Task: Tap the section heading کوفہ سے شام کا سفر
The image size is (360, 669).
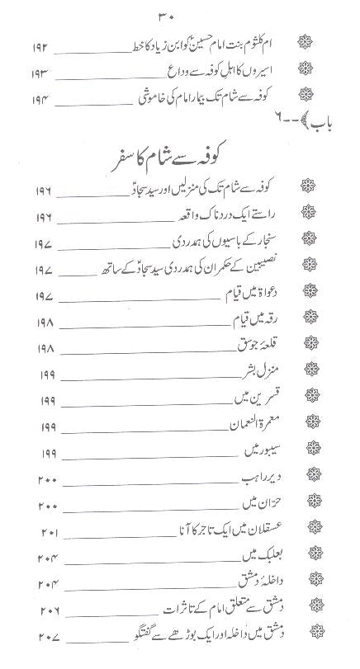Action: [x=179, y=179]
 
